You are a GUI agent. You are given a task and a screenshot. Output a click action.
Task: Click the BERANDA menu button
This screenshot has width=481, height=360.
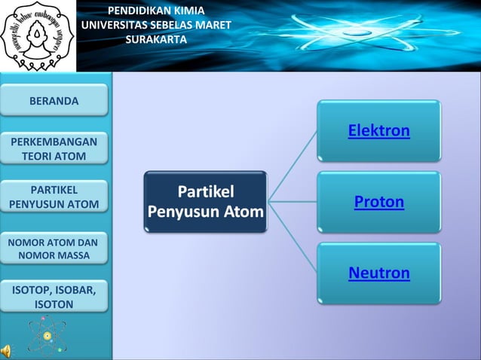click(54, 100)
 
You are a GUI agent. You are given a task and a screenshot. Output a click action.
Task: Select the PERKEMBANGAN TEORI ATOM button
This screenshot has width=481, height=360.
click(54, 149)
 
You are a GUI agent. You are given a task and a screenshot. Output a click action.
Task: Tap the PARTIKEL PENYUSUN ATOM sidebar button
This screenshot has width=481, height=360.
click(54, 197)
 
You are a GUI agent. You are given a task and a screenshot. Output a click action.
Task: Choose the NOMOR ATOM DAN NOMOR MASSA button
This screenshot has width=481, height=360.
click(54, 249)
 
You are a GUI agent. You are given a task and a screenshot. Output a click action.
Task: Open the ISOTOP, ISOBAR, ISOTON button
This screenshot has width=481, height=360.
click(54, 297)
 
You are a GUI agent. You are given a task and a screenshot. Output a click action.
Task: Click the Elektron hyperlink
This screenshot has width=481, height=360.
click(378, 131)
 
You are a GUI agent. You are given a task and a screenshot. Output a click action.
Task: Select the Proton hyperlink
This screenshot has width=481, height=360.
click(378, 202)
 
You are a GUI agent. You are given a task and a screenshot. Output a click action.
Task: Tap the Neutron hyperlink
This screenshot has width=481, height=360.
click(378, 273)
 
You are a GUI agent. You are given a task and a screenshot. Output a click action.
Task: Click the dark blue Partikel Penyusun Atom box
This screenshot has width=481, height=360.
click(205, 201)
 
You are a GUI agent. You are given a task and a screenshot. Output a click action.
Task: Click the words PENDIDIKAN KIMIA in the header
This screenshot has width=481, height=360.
click(156, 11)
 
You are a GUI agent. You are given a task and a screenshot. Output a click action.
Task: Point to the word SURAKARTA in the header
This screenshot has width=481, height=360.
click(156, 39)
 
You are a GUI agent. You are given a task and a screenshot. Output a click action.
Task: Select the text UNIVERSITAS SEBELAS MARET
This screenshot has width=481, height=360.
click(156, 25)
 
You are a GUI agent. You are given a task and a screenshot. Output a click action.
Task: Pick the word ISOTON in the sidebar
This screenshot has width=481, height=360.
click(54, 304)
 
